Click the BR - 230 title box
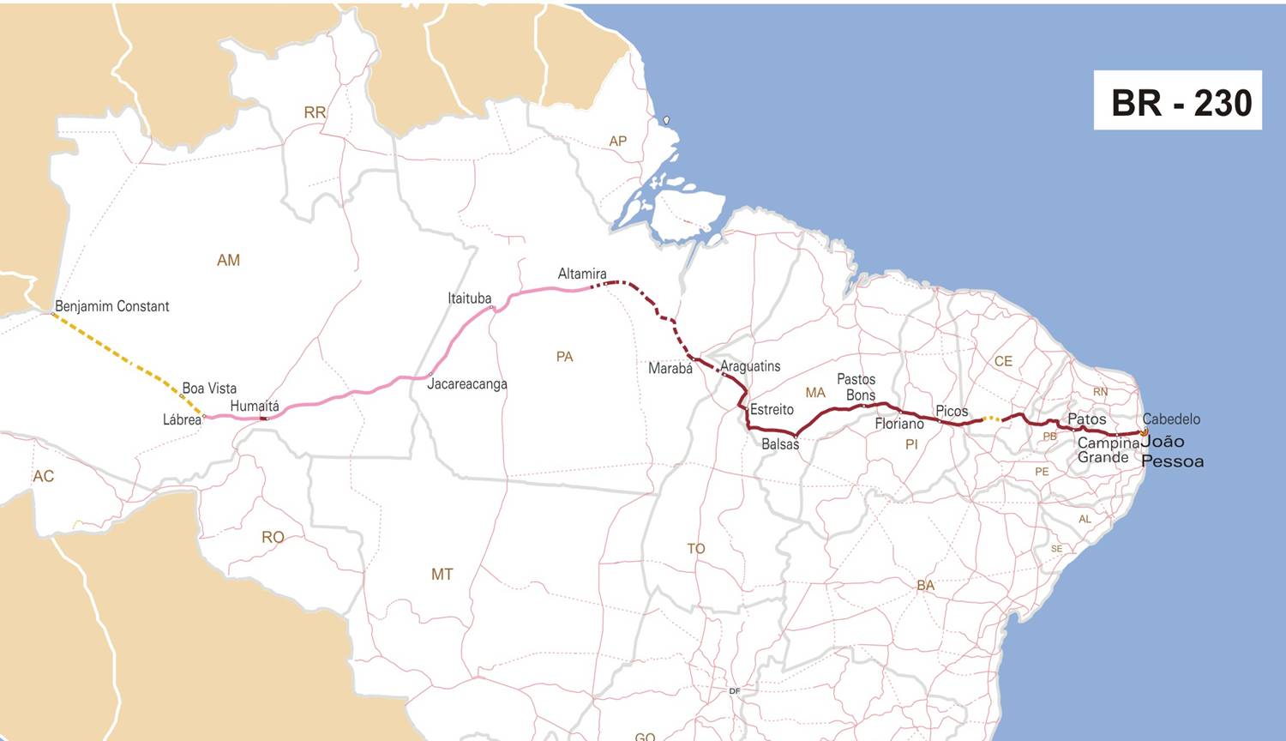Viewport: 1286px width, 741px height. coord(1177,101)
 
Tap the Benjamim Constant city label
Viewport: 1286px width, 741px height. coord(111,306)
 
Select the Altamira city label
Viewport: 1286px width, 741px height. coord(582,274)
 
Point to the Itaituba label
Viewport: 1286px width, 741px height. coord(470,298)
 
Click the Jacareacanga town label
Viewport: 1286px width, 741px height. coord(467,384)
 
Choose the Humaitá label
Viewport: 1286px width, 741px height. coord(255,406)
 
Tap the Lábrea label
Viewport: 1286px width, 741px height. coord(182,420)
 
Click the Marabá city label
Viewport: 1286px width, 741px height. coord(670,369)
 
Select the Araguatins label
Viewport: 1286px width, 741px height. coord(751,366)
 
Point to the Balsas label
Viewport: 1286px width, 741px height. coord(780,444)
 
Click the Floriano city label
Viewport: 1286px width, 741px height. coord(899,424)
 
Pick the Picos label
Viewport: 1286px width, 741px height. coord(952,411)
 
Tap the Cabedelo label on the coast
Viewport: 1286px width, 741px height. coord(1171,419)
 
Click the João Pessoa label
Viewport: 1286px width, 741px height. coord(1172,451)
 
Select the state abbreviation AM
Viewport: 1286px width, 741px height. coord(228,260)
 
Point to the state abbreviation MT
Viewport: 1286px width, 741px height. coord(442,575)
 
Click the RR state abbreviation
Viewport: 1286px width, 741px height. coord(315,112)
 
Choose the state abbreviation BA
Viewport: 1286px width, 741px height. coord(925,586)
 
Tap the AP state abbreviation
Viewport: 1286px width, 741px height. coord(617,142)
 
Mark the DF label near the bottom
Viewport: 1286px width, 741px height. coord(734,691)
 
